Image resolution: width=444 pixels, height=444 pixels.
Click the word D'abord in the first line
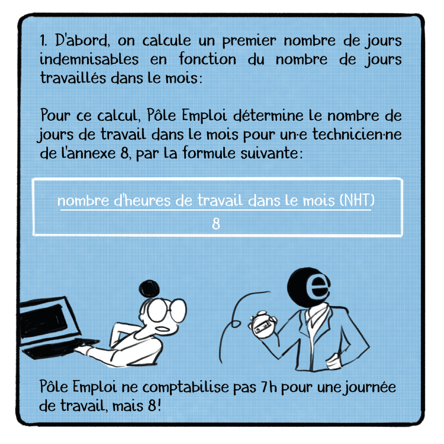[82, 40]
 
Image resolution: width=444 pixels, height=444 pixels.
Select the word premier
[249, 41]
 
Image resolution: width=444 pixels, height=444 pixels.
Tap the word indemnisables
[89, 59]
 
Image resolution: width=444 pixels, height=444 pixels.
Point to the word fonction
[207, 59]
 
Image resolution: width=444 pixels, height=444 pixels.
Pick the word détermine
[268, 115]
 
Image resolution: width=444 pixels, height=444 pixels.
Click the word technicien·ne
[358, 134]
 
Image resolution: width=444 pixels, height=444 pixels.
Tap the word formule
[209, 153]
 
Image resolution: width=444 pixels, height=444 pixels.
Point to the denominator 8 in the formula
[216, 224]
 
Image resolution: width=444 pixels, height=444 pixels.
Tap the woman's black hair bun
[149, 288]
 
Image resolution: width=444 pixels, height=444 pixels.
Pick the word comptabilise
[185, 388]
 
